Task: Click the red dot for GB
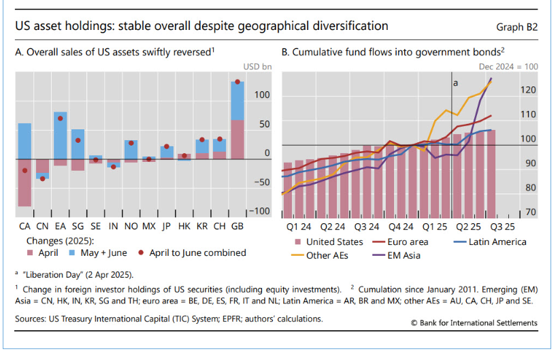tap(237, 82)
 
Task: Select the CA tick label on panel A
tap(24, 225)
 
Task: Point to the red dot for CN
tap(42, 179)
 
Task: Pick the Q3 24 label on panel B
tap(368, 225)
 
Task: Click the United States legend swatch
tap(298, 242)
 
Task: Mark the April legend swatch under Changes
tap(31, 252)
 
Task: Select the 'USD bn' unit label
tap(257, 67)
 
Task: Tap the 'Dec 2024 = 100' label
tap(508, 67)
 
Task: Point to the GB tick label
tap(237, 225)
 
